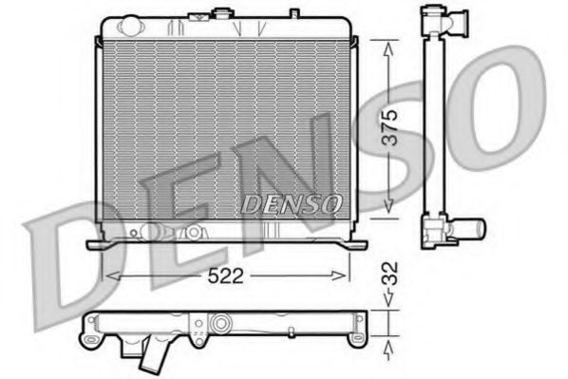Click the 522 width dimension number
(x=224, y=276)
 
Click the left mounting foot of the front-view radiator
(x=95, y=244)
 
